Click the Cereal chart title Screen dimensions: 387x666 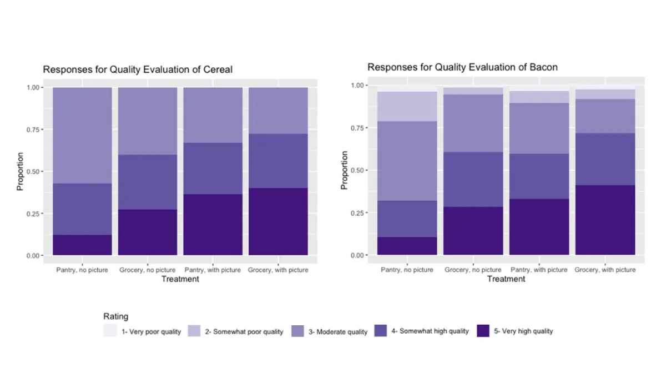[x=138, y=70]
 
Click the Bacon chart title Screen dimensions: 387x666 [x=462, y=67]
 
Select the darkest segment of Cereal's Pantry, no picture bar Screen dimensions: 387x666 [x=82, y=245]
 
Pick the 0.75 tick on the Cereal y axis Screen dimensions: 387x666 [x=33, y=130]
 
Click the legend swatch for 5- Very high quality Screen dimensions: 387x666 [x=483, y=331]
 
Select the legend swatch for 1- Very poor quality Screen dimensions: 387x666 [x=110, y=331]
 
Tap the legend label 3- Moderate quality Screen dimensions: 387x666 [x=338, y=332]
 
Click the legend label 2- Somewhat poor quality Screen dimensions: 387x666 [x=244, y=332]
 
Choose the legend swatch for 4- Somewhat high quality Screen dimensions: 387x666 [x=381, y=331]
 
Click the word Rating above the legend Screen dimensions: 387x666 [x=115, y=316]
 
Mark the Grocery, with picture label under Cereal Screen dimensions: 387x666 [x=278, y=270]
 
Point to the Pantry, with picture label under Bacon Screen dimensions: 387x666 [x=538, y=270]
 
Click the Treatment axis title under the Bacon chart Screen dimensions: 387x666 [x=506, y=279]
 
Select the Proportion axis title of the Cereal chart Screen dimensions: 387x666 [x=21, y=171]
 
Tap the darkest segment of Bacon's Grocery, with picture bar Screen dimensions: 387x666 [x=606, y=220]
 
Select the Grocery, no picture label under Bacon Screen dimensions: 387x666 [x=473, y=270]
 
